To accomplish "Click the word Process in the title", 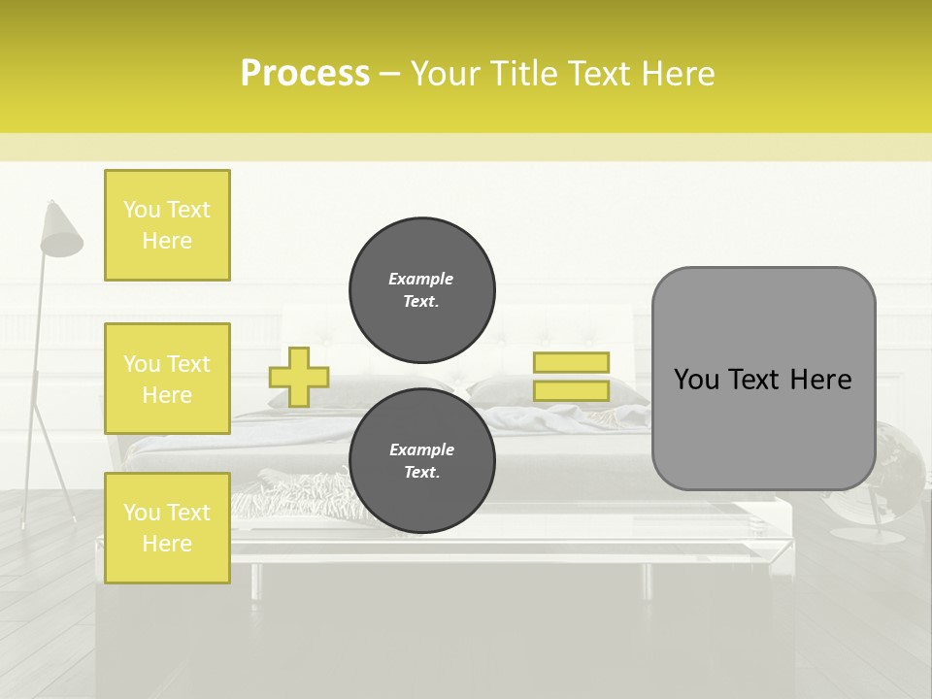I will pyautogui.click(x=305, y=73).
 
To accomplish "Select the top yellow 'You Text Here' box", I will pyautogui.click(x=167, y=225).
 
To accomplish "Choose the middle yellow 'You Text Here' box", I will pyautogui.click(x=167, y=379).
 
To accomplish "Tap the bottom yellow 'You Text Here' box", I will pyautogui.click(x=167, y=527).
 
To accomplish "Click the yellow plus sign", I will pyautogui.click(x=299, y=377).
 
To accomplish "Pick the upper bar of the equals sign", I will pyautogui.click(x=571, y=362).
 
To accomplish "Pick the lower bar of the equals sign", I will pyautogui.click(x=571, y=390).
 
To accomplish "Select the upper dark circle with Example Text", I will pyautogui.click(x=421, y=289).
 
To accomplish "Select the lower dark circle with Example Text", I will pyautogui.click(x=421, y=460).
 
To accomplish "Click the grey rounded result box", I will pyautogui.click(x=763, y=378).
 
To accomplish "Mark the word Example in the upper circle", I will pyautogui.click(x=421, y=280).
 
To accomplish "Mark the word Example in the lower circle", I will pyautogui.click(x=421, y=450).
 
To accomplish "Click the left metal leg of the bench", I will pyautogui.click(x=255, y=580).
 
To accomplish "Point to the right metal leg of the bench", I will pyautogui.click(x=647, y=580).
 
